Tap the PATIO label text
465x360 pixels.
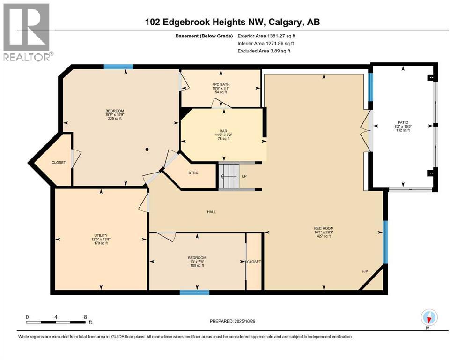(x=403, y=122)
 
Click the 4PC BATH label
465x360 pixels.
(x=221, y=84)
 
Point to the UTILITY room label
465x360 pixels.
(x=100, y=235)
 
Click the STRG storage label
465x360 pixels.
(x=193, y=173)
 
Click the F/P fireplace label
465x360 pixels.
(x=365, y=271)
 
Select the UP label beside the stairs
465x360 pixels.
(x=244, y=176)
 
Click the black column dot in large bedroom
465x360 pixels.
(x=147, y=150)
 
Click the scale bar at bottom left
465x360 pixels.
(x=56, y=322)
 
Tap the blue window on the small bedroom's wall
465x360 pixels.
(x=194, y=292)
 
